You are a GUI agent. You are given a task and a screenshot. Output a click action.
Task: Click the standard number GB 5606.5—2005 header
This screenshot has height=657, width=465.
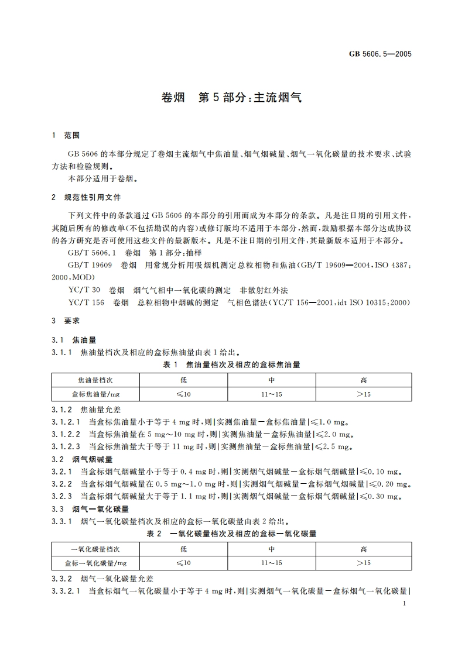pyautogui.click(x=380, y=54)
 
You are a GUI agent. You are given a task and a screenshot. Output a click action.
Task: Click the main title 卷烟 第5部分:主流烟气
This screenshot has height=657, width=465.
pyautogui.click(x=232, y=98)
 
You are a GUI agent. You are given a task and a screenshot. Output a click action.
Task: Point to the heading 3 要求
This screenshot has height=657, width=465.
pyautogui.click(x=66, y=321)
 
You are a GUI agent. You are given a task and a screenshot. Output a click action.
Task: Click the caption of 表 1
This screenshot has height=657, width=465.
pyautogui.click(x=231, y=364)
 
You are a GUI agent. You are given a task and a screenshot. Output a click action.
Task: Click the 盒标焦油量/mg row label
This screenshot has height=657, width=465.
pyautogui.click(x=96, y=394)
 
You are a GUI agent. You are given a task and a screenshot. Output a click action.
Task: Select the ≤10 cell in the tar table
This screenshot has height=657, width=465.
pyautogui.click(x=183, y=394)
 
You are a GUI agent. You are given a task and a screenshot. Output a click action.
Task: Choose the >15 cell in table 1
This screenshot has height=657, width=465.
pyautogui.click(x=364, y=394)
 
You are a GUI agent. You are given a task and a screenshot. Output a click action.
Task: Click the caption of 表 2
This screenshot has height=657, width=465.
pyautogui.click(x=231, y=534)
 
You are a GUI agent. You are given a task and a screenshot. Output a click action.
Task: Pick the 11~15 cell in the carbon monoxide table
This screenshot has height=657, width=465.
pyautogui.click(x=272, y=563)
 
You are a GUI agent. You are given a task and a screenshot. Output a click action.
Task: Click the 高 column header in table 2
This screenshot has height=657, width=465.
pyautogui.click(x=364, y=549)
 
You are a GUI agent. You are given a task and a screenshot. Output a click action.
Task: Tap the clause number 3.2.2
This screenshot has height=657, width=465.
pyautogui.click(x=61, y=484)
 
